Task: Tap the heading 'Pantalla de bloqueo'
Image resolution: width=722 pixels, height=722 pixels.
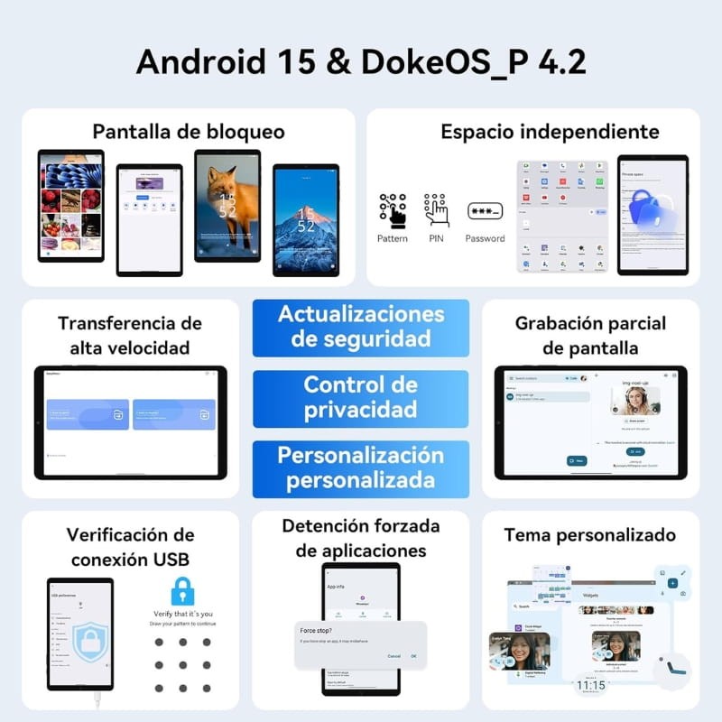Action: point(189,132)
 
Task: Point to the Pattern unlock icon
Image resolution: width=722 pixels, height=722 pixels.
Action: point(393,210)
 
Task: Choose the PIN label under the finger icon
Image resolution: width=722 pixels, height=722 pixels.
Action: point(437,238)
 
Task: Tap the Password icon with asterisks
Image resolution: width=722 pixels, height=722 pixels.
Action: point(485,212)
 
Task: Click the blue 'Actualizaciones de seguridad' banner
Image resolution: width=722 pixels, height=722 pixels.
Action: point(361,327)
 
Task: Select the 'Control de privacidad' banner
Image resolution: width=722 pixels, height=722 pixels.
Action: point(361,397)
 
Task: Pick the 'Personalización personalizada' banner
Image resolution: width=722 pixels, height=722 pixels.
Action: point(361,467)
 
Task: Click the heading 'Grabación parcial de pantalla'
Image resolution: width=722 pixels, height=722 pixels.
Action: point(590,335)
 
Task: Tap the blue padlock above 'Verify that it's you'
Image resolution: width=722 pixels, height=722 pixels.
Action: point(183,591)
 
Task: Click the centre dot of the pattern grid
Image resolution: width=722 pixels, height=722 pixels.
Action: point(183,666)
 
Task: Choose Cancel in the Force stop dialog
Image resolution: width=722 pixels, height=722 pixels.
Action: point(393,656)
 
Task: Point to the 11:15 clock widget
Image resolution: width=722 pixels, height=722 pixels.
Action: point(591,686)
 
